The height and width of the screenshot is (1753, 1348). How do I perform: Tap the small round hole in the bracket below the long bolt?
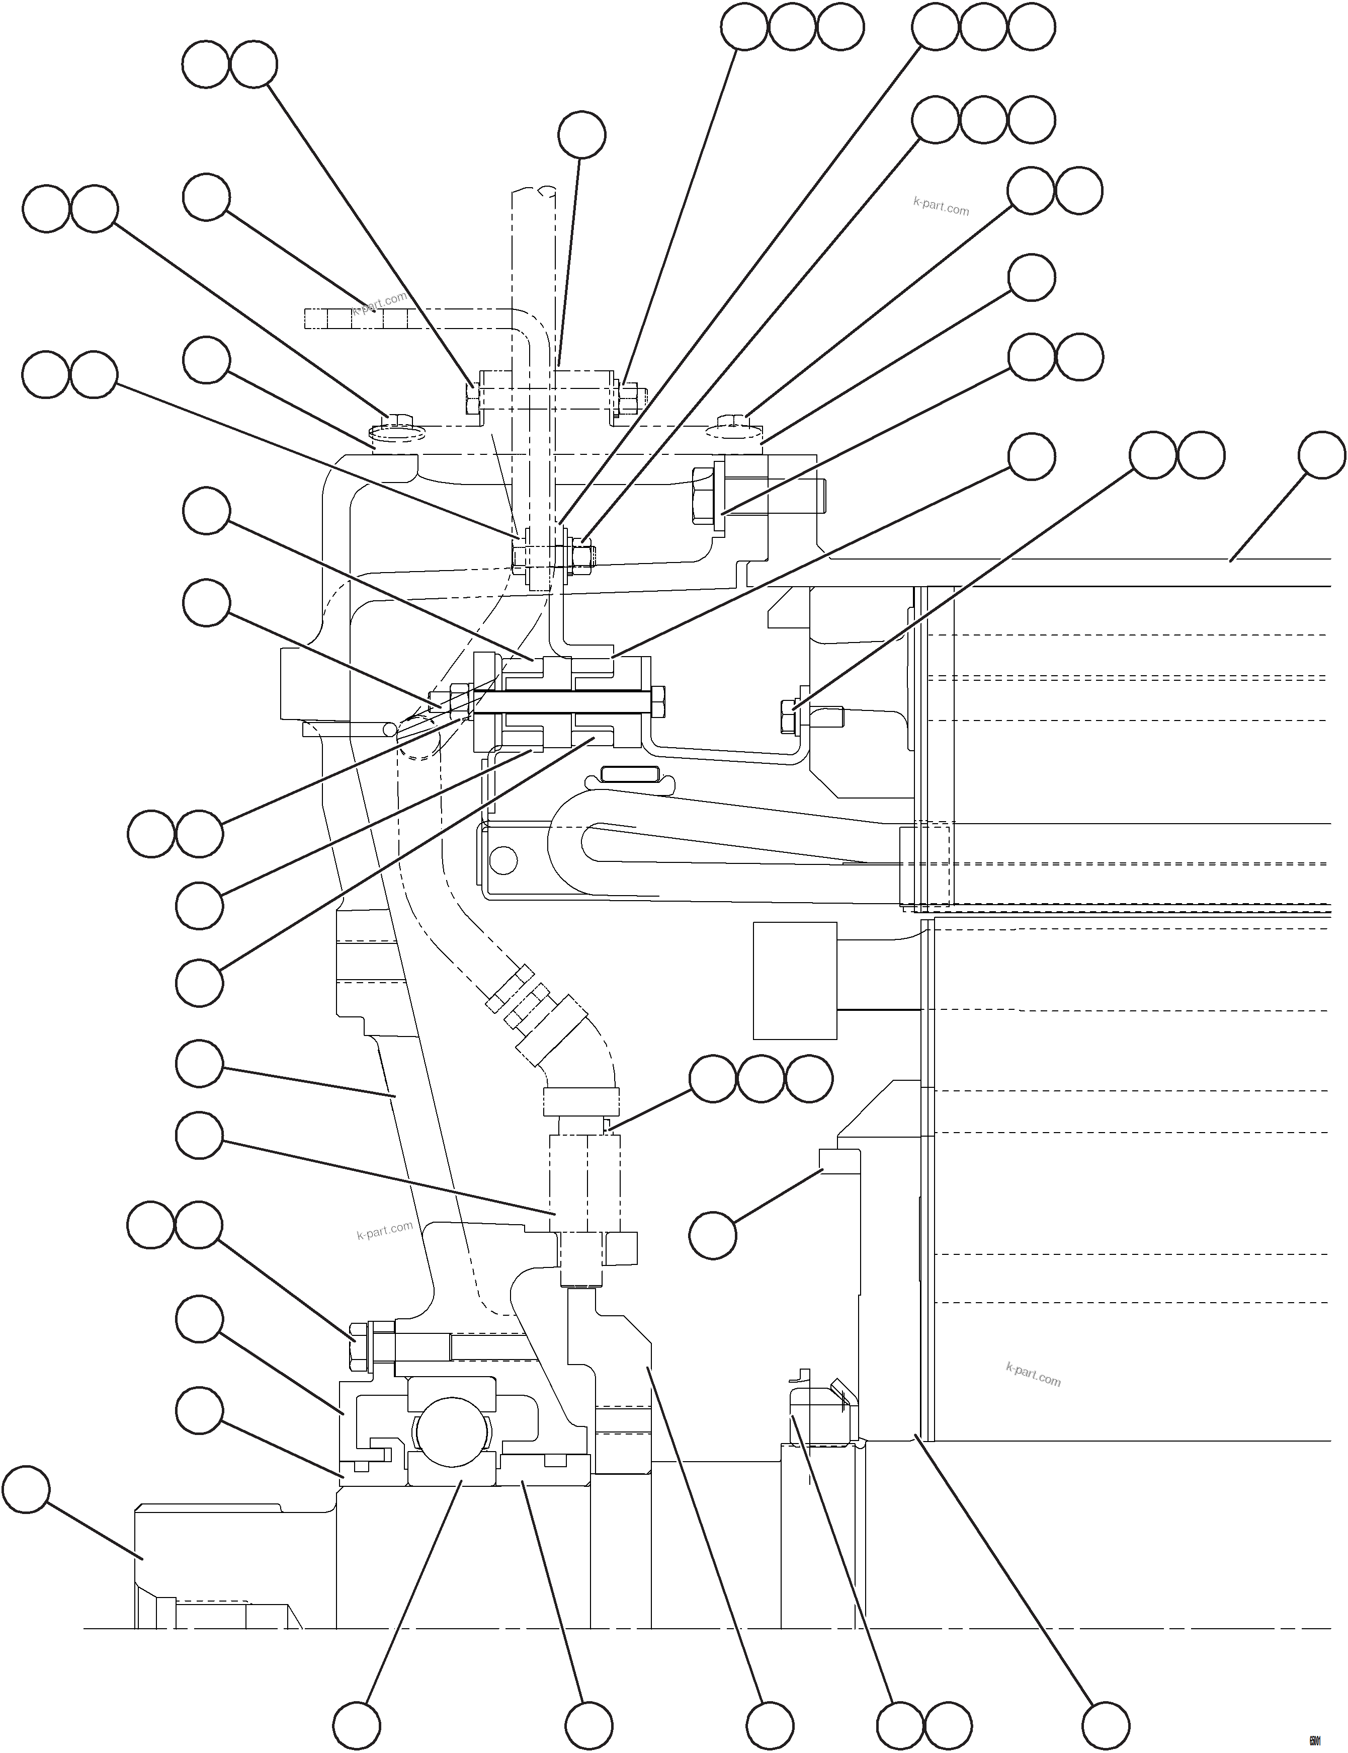(x=503, y=861)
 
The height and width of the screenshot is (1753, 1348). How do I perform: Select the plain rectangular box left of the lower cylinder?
(x=794, y=980)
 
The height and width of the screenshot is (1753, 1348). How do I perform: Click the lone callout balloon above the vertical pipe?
(x=582, y=134)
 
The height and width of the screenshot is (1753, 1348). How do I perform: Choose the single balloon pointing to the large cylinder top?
(x=1321, y=455)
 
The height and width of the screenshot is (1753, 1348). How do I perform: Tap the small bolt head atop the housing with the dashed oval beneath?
(x=399, y=418)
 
